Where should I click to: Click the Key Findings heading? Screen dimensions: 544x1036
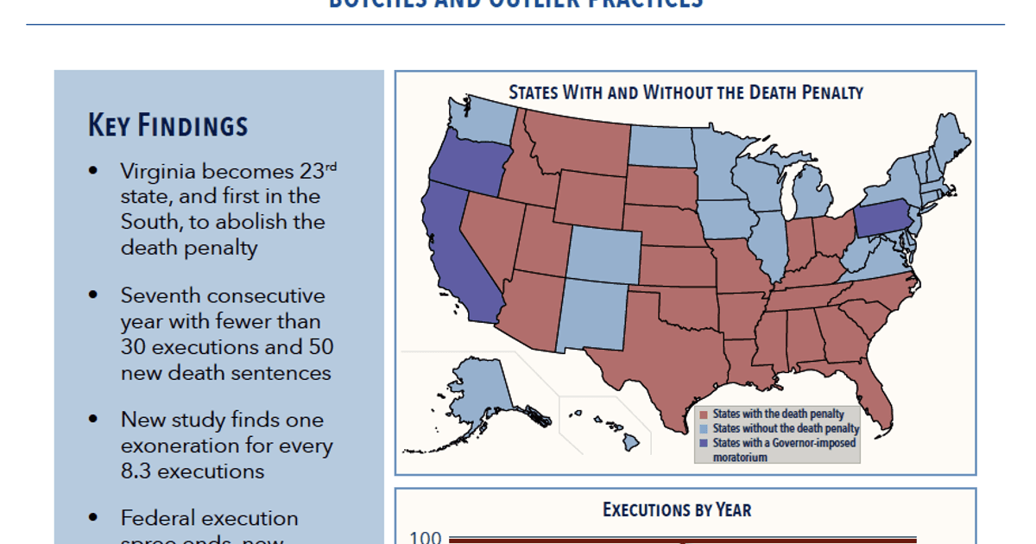(167, 126)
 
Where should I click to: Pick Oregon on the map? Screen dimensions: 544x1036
(466, 164)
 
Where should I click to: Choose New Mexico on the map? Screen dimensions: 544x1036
(591, 315)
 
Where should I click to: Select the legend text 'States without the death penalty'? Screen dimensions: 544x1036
(786, 428)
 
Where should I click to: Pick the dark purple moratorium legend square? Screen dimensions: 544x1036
(704, 442)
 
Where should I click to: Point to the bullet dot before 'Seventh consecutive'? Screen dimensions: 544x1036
(93, 295)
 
